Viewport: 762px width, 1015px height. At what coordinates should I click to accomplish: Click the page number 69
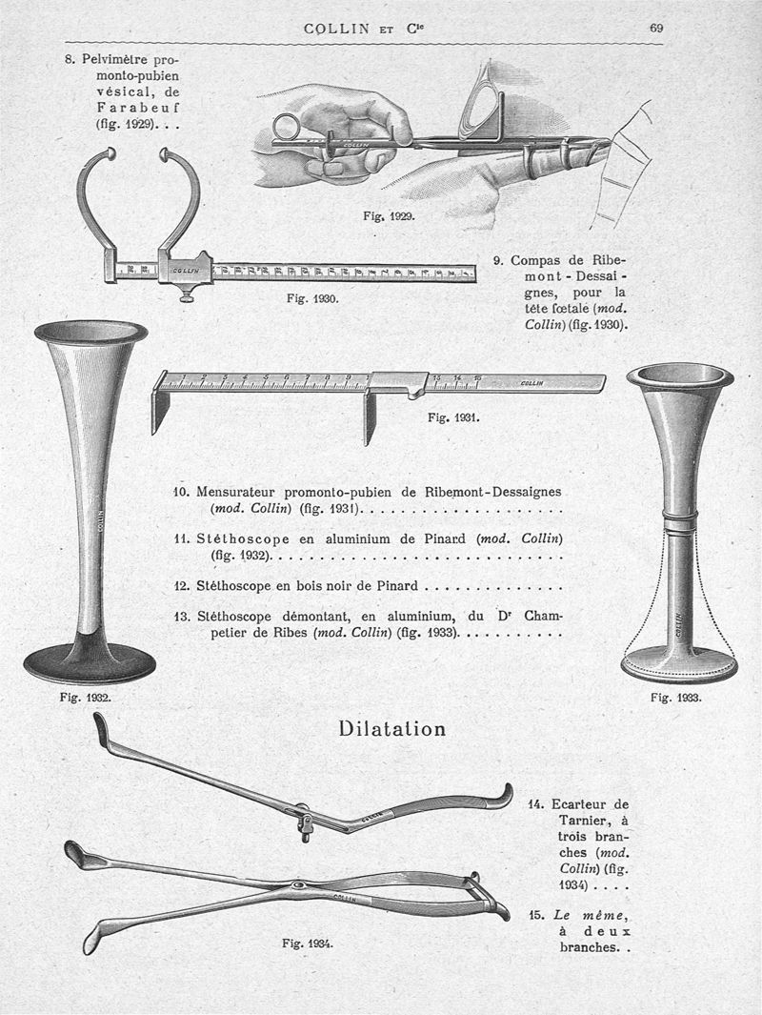click(x=656, y=28)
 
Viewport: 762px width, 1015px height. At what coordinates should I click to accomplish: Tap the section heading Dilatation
click(x=391, y=729)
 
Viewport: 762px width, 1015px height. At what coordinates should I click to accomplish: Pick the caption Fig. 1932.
click(x=84, y=697)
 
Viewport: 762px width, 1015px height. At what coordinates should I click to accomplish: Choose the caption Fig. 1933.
click(x=676, y=698)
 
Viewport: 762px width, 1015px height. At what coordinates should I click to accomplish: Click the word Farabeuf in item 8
click(x=145, y=108)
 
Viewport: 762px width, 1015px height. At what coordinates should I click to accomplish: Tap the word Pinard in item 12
click(x=393, y=586)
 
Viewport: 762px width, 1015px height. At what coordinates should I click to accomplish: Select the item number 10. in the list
click(x=182, y=492)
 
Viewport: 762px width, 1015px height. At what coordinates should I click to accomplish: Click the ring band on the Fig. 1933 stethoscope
click(x=679, y=520)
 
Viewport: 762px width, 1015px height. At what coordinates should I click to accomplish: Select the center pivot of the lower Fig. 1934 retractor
click(x=302, y=886)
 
